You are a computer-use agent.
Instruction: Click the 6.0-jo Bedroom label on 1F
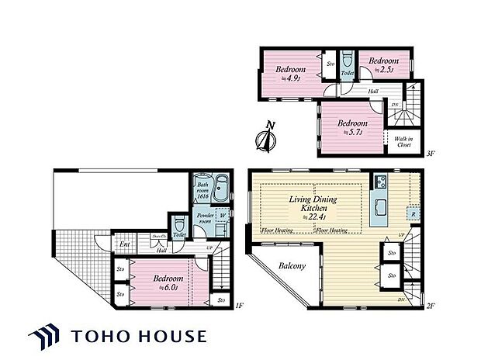point(168,281)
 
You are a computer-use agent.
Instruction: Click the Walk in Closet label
point(403,140)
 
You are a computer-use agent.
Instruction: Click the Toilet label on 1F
point(179,234)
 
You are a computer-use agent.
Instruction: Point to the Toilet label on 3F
point(347,74)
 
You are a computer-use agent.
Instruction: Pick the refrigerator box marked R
point(412,213)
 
